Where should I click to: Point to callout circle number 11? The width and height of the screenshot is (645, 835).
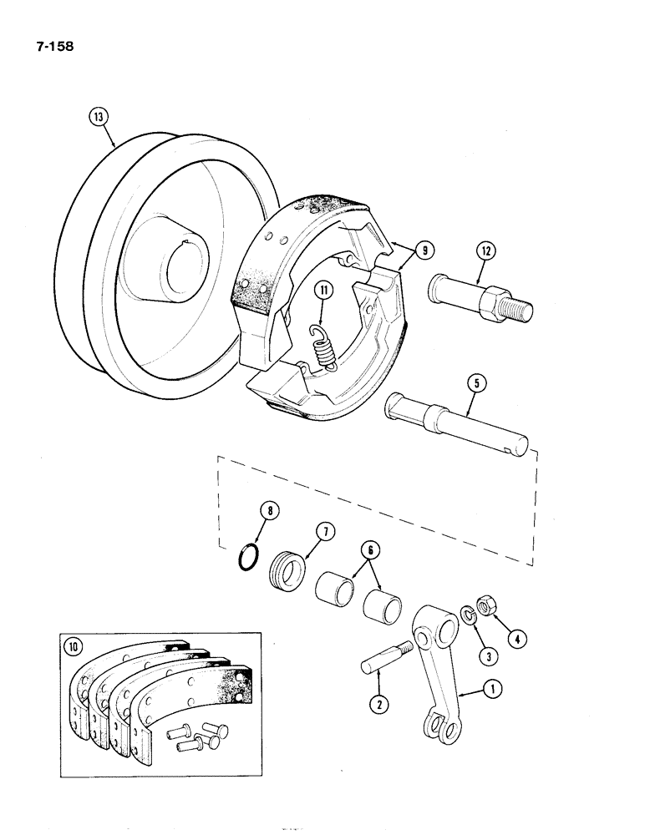point(323,290)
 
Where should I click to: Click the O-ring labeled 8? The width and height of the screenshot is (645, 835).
point(246,557)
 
